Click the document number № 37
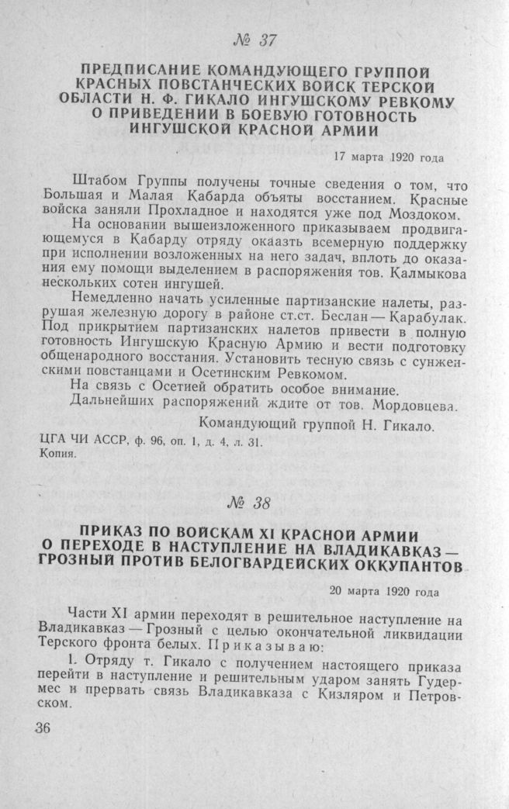254,40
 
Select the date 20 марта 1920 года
383,590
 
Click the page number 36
42,729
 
